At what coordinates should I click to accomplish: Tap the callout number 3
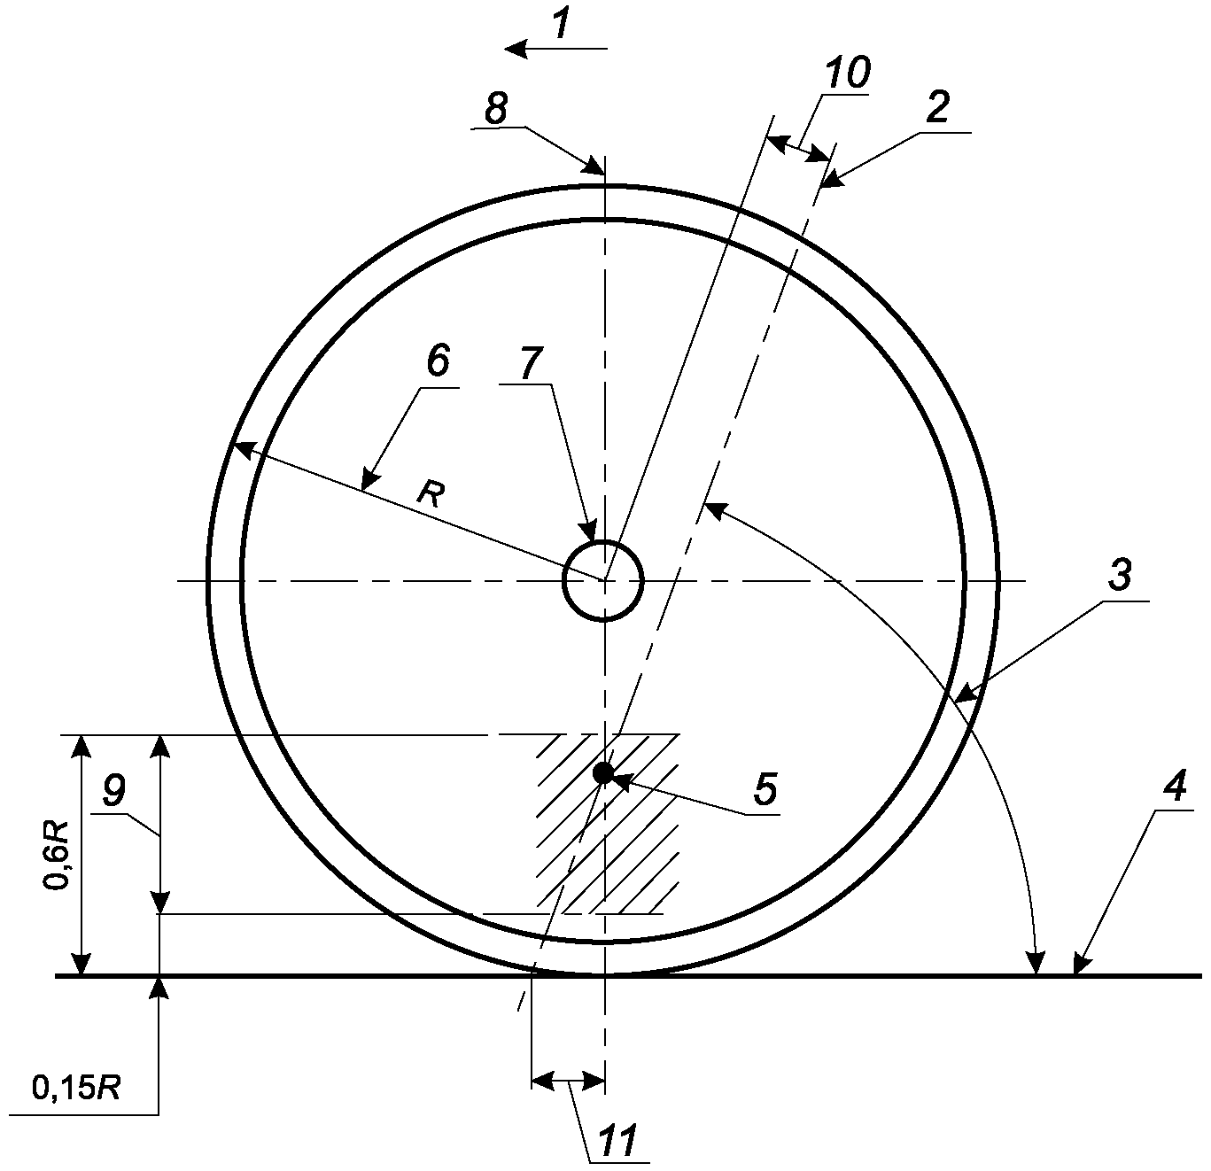point(1120,576)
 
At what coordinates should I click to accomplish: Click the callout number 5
point(765,790)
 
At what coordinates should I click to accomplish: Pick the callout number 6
point(438,361)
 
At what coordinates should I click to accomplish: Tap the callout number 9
point(113,792)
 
